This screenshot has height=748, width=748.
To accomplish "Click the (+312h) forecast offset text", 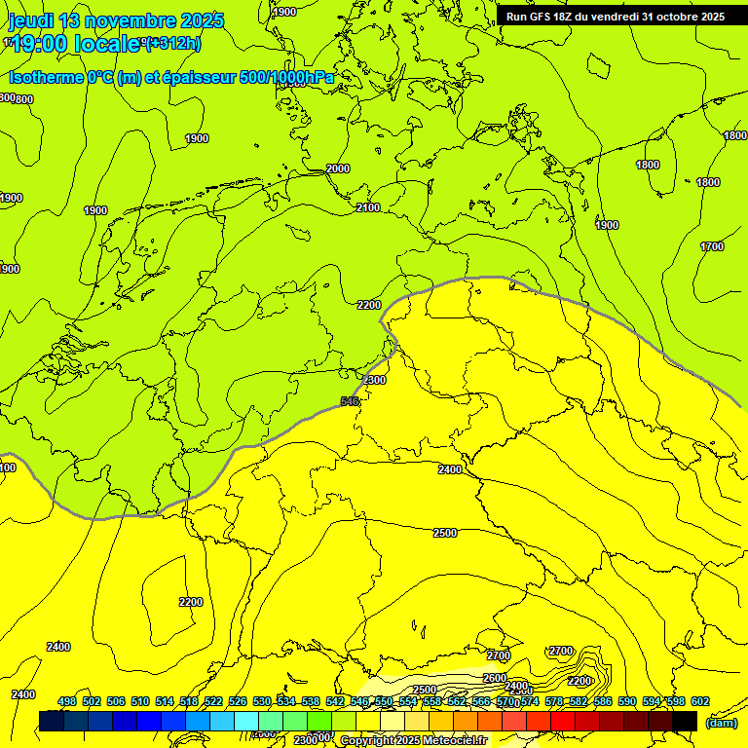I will [172, 43].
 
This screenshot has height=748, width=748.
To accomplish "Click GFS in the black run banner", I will [544, 17].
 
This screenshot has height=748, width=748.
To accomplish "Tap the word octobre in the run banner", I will [673, 17].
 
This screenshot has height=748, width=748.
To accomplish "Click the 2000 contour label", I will [337, 168].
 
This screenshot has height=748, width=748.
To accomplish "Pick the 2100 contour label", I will [367, 207].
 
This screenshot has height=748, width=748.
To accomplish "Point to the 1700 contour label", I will [712, 246].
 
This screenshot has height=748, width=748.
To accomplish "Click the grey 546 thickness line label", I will [351, 401].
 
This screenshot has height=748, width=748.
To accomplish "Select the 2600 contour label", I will [495, 678].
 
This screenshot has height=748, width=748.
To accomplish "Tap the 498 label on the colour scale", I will [67, 701].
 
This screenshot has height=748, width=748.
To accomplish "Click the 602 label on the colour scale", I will [700, 701].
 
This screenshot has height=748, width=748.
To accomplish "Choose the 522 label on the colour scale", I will [211, 701].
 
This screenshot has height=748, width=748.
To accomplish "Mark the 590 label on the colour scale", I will [628, 701].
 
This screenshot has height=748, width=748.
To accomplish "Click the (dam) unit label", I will [721, 722].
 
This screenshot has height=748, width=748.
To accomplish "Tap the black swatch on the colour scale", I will [684, 721].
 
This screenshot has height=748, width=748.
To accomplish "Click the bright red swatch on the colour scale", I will [564, 721].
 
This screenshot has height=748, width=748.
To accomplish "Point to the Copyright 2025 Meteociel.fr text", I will [412, 740].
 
